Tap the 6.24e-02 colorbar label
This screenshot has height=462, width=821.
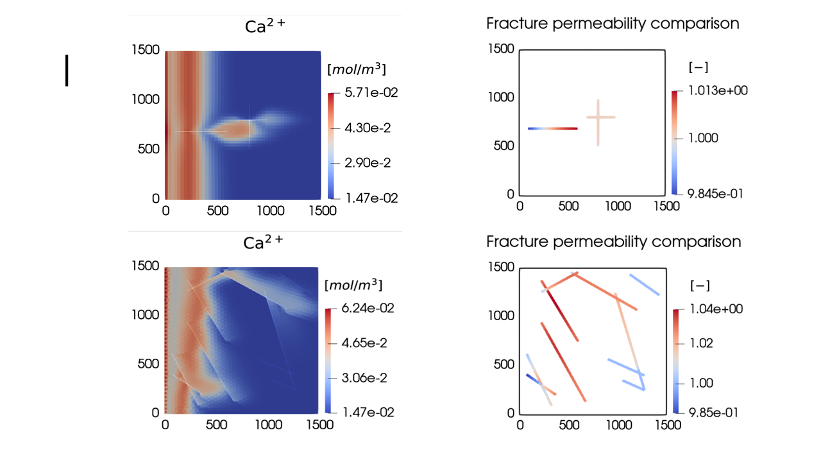click(368, 308)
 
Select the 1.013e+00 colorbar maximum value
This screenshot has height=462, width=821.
click(716, 90)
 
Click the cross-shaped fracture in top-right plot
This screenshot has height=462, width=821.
click(598, 118)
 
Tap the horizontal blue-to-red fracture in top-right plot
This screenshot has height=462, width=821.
click(552, 128)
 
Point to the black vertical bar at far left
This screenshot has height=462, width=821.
click(66, 71)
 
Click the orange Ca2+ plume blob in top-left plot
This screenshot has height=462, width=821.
click(237, 130)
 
